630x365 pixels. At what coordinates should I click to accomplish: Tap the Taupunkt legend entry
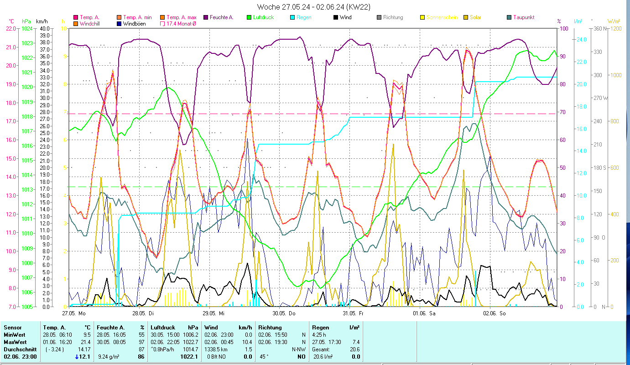(523, 17)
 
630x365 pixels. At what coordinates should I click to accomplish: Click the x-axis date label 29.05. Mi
(213, 313)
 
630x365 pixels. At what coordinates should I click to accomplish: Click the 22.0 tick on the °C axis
(10, 28)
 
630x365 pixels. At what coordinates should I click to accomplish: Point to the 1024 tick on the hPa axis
(27, 28)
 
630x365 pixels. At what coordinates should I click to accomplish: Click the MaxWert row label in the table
(15, 342)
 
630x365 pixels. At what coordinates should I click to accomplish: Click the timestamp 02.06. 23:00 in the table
(21, 357)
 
